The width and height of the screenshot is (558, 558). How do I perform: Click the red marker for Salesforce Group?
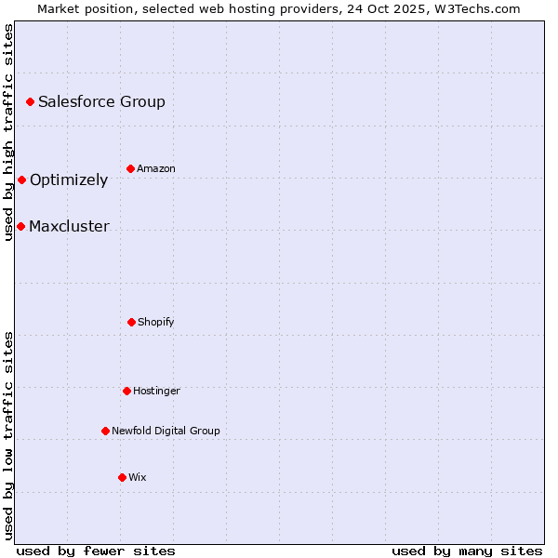(30, 101)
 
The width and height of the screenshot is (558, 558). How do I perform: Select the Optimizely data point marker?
(21, 179)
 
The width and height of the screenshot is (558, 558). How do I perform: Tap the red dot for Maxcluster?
(20, 226)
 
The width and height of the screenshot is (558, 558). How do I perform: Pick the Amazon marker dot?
(130, 168)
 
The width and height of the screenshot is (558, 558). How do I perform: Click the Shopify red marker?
(131, 322)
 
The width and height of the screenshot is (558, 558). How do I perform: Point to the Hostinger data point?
(126, 391)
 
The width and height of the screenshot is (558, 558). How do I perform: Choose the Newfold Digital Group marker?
(105, 431)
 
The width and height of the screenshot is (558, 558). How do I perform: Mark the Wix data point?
(122, 477)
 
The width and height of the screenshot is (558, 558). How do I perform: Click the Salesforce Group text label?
(101, 101)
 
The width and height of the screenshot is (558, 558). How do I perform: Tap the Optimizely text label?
(69, 179)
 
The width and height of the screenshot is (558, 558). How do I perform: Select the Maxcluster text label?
(69, 226)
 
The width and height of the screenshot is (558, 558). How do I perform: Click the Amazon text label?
(156, 168)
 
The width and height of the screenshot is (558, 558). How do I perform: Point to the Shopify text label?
(156, 322)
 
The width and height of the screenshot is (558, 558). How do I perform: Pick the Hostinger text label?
(156, 391)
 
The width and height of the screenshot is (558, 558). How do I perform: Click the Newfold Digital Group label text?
(166, 431)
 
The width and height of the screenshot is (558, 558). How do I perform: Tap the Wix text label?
(138, 477)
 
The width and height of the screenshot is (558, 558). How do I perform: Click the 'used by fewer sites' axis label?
(96, 551)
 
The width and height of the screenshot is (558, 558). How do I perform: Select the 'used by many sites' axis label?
(467, 551)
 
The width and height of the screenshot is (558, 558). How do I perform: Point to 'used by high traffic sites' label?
(8, 132)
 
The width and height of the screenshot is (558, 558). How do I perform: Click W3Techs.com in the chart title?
(476, 8)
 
